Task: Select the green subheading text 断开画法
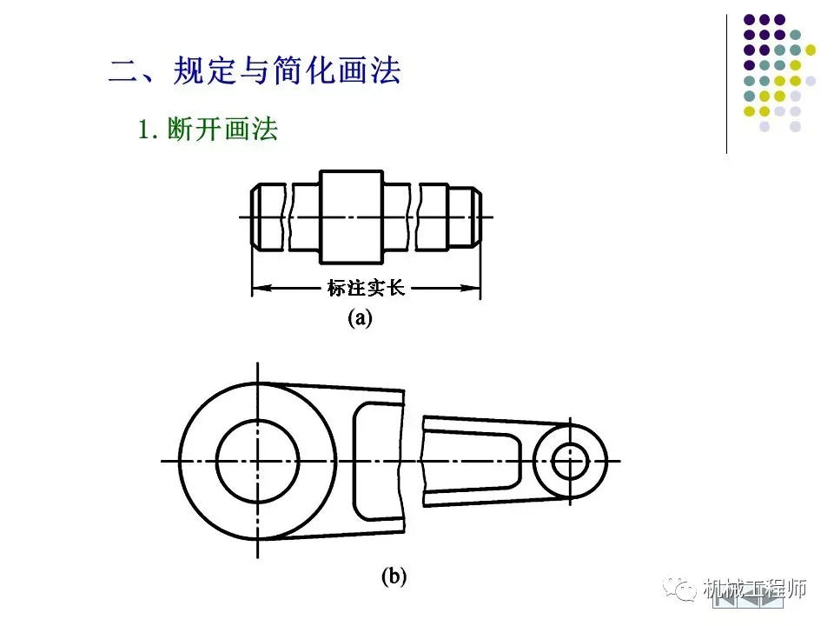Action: pos(238,130)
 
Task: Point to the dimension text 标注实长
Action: pos(365,288)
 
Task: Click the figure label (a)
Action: pos(360,318)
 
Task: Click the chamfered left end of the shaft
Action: pos(259,216)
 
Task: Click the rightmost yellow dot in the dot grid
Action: pos(811,50)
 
